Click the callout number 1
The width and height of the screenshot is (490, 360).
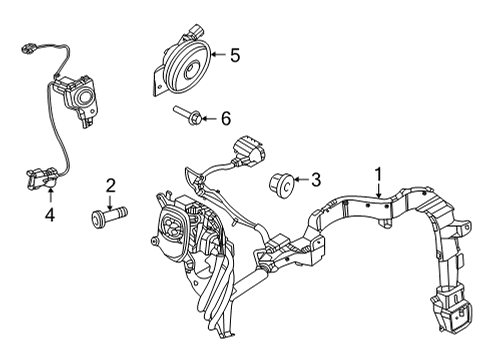(379, 173)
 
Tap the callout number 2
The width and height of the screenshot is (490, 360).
(111, 184)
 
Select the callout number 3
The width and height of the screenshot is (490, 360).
(315, 180)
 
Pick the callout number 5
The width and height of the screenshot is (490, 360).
(235, 56)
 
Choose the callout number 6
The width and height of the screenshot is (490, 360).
(226, 119)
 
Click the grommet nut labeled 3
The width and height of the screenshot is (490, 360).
(279, 184)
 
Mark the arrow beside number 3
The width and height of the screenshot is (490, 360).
(300, 180)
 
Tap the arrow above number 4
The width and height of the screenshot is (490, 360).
(50, 198)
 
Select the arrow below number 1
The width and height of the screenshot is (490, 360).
(379, 189)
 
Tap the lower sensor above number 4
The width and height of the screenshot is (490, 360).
(36, 178)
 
